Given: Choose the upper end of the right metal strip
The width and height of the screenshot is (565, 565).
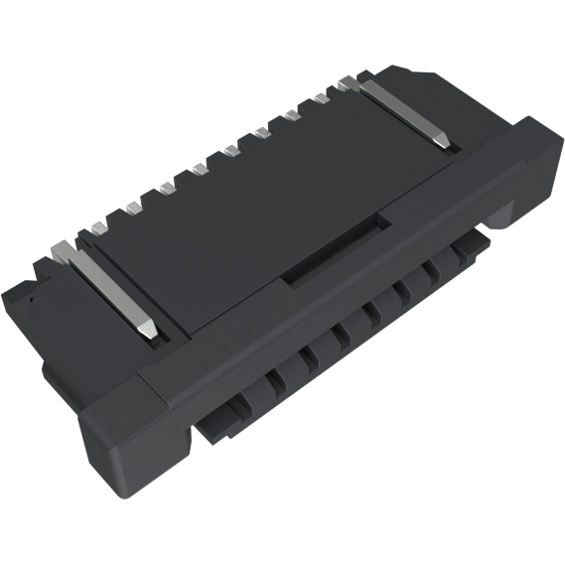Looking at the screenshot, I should coord(369,81).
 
